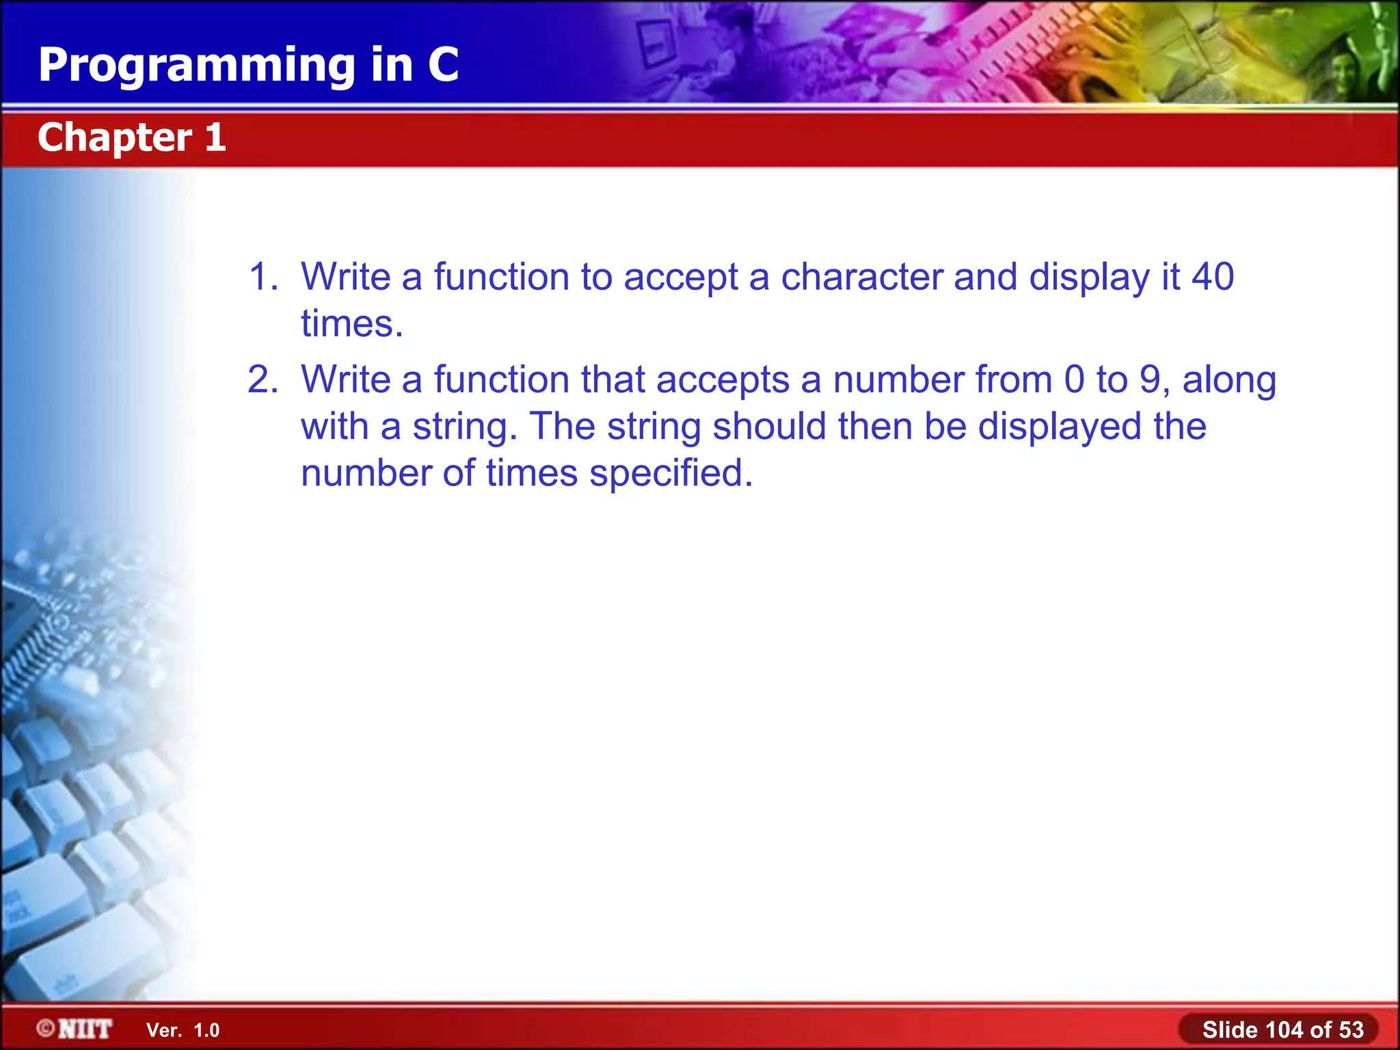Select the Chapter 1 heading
click(x=131, y=137)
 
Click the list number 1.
click(x=262, y=277)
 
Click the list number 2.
click(x=262, y=379)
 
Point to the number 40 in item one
click(x=1213, y=277)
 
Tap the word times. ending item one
click(x=352, y=323)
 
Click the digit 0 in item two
click(x=1075, y=379)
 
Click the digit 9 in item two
click(x=1150, y=379)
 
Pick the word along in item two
click(x=1229, y=381)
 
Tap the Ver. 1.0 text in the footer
click(x=183, y=1030)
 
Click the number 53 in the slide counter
click(x=1351, y=1029)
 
